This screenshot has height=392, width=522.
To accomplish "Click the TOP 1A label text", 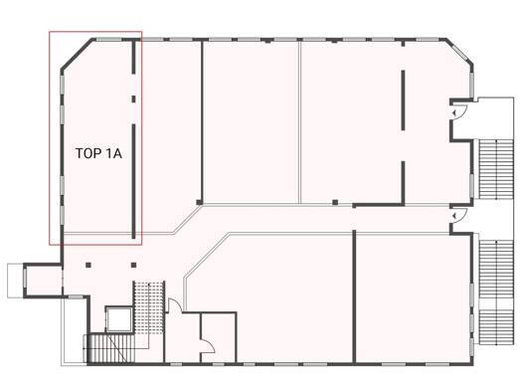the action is coord(98,153).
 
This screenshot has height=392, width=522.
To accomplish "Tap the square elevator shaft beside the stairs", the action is coord(119,319).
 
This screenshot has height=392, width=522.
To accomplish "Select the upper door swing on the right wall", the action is coord(459,111).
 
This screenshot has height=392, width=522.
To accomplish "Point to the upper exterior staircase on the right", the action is coord(496,169).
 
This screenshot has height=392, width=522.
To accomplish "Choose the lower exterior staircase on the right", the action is coord(496,293).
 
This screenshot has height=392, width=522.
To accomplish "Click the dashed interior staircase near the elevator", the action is coord(149,307).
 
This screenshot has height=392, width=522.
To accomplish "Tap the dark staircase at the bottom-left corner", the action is coord(110,348).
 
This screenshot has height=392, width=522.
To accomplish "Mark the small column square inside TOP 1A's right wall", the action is coord(134,98).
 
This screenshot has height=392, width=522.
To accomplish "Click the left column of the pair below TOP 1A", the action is coord(88,265).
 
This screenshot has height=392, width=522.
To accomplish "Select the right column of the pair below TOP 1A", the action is coord(134,265).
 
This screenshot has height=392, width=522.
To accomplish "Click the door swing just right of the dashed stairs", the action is coord(175,305).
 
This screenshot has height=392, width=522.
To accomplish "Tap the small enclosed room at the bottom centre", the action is coord(219,337).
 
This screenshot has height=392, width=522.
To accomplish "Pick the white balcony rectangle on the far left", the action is coord(15,281).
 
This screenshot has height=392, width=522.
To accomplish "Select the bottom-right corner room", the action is coord(414,298).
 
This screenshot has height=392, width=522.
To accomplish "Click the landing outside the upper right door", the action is coord(496,118).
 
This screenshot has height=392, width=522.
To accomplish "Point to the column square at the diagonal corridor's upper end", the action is coord(199,202).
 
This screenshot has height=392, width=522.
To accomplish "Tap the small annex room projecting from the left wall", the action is coord(44,280).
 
